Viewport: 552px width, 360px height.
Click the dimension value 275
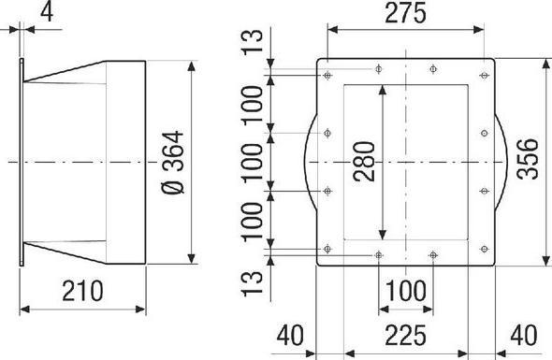(x=405, y=13)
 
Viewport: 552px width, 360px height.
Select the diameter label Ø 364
(x=173, y=162)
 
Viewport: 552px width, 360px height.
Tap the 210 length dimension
(x=82, y=291)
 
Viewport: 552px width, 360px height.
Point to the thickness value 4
(x=47, y=13)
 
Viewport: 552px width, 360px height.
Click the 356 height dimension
(x=528, y=159)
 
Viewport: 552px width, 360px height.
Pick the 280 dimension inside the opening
(x=364, y=162)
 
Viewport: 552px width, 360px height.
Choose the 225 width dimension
(x=405, y=336)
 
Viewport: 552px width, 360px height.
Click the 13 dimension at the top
(x=253, y=41)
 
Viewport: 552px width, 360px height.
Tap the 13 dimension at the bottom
(x=253, y=283)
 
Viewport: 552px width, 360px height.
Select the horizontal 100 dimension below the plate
(x=405, y=291)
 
